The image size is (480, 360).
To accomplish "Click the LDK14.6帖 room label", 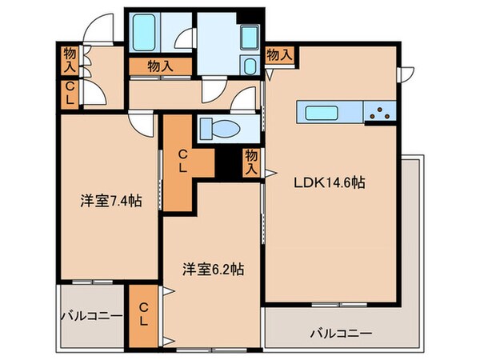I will pyautogui.click(x=330, y=182).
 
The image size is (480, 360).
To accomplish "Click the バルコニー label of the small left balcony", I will pyautogui.click(x=91, y=315).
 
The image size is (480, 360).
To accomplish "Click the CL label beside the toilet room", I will pyautogui.click(x=183, y=160).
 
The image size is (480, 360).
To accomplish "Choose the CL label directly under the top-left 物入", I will pyautogui.click(x=70, y=91).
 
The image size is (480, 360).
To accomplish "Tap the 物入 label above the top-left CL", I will pyautogui.click(x=70, y=60).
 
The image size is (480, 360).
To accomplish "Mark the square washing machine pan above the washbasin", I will pyautogui.click(x=248, y=36).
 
